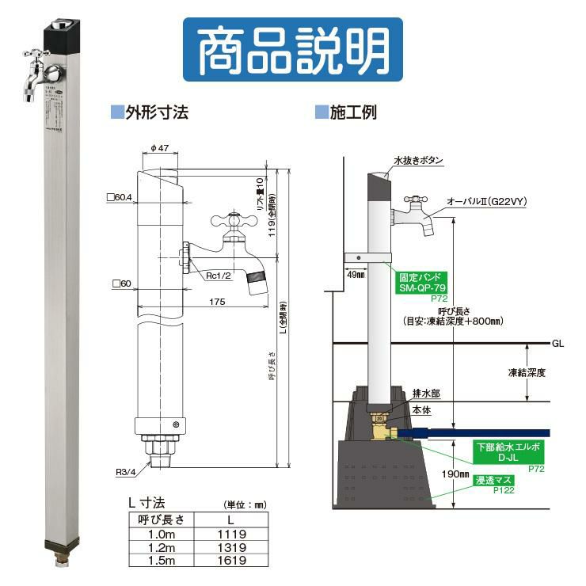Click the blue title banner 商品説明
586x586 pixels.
(292, 49)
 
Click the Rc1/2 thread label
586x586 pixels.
(219, 276)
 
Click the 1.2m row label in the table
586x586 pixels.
(161, 546)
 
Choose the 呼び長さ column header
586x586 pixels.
(161, 520)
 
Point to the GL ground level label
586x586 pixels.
(558, 344)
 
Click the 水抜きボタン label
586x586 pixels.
(418, 161)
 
